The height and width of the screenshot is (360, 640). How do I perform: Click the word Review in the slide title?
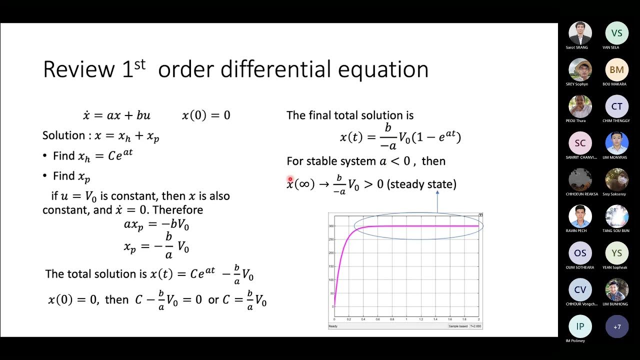(x=78, y=69)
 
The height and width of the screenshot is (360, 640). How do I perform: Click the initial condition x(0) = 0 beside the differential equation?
(x=206, y=115)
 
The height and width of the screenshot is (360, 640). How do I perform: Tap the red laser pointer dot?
(x=290, y=179)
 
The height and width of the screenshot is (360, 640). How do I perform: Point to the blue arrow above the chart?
(x=437, y=202)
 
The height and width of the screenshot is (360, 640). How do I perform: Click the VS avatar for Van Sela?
(x=616, y=33)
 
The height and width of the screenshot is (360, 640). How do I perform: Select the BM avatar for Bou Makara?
(x=616, y=70)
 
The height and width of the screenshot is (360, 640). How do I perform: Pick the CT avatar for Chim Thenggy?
(x=616, y=106)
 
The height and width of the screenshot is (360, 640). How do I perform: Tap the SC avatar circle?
(x=580, y=143)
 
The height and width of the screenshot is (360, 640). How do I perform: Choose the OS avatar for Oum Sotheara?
(x=580, y=253)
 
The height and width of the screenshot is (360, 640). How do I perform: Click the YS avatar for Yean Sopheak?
(x=616, y=253)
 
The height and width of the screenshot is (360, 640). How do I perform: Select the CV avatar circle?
(x=580, y=290)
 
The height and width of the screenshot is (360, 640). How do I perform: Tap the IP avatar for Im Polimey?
(x=580, y=326)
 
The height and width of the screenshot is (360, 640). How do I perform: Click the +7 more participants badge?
(x=616, y=326)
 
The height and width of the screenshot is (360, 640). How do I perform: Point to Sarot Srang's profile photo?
(x=580, y=33)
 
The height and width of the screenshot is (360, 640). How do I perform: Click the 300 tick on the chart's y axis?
(x=331, y=226)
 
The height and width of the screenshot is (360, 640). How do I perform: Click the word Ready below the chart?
(x=333, y=326)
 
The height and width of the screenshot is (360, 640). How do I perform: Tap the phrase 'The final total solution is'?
(x=350, y=115)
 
